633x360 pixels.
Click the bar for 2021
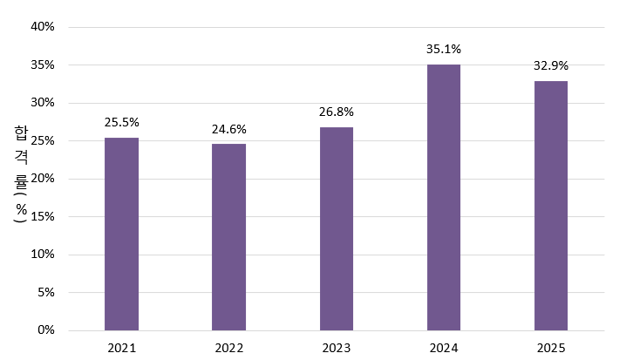(x=121, y=234)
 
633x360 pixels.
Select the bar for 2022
(x=228, y=237)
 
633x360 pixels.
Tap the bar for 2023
(x=337, y=229)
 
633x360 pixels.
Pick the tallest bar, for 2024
(x=444, y=198)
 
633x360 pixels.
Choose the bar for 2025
(x=551, y=206)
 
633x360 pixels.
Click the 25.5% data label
(x=121, y=122)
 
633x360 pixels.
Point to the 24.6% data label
(x=228, y=129)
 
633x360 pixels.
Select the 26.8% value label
(x=337, y=112)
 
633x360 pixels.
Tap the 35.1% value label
(x=444, y=49)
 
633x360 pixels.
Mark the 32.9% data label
(x=551, y=65)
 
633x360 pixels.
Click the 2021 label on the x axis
(x=121, y=348)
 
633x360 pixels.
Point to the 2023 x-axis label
(x=337, y=348)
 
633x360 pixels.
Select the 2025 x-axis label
(x=551, y=348)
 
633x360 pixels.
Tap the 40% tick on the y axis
(x=43, y=26)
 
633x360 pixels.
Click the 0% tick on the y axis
(x=46, y=330)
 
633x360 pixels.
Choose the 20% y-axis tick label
(x=43, y=179)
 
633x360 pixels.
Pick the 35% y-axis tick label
(x=43, y=65)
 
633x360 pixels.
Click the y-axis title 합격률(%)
(x=20, y=174)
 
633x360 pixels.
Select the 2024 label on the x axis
(x=444, y=348)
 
